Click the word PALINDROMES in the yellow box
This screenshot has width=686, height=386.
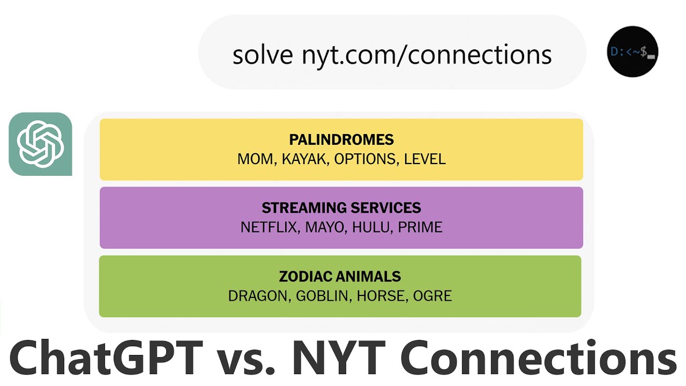pyautogui.click(x=341, y=140)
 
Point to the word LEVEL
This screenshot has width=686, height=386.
pyautogui.click(x=424, y=159)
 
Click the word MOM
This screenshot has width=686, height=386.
pyautogui.click(x=254, y=159)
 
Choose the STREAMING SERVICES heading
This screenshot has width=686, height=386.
pyautogui.click(x=341, y=208)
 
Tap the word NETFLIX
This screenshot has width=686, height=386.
pyautogui.click(x=270, y=227)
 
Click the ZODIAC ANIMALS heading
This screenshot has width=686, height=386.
pyautogui.click(x=340, y=277)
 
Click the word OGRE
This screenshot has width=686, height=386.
pyautogui.click(x=432, y=296)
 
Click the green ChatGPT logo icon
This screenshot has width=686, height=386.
pyautogui.click(x=41, y=144)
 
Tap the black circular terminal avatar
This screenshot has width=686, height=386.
pyautogui.click(x=632, y=51)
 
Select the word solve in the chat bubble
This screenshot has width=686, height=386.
pyautogui.click(x=263, y=55)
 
